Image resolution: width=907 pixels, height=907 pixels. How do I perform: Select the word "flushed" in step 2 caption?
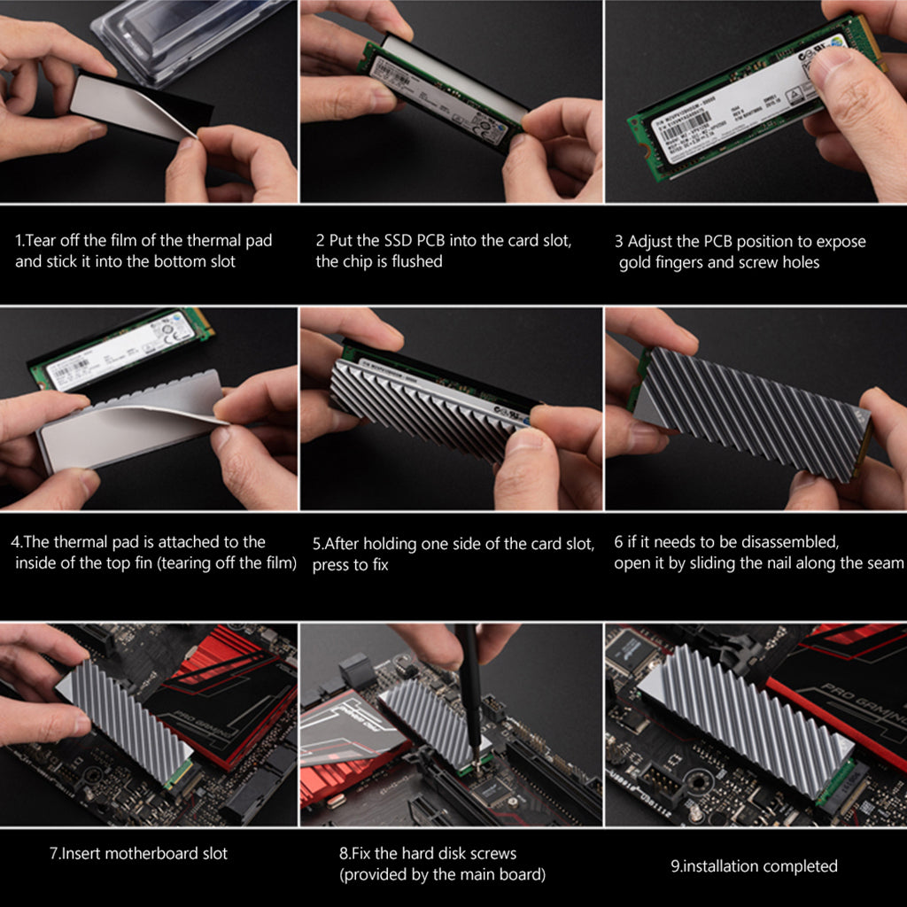(x=414, y=261)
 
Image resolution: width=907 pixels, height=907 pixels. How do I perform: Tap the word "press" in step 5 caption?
(x=333, y=565)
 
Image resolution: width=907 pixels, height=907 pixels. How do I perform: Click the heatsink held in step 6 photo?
(x=753, y=412)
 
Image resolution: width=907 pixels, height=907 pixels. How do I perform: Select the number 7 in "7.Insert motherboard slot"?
(x=54, y=854)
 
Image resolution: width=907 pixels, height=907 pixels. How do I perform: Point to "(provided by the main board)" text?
(x=442, y=875)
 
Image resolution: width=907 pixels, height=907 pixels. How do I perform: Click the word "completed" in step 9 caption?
(x=795, y=866)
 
